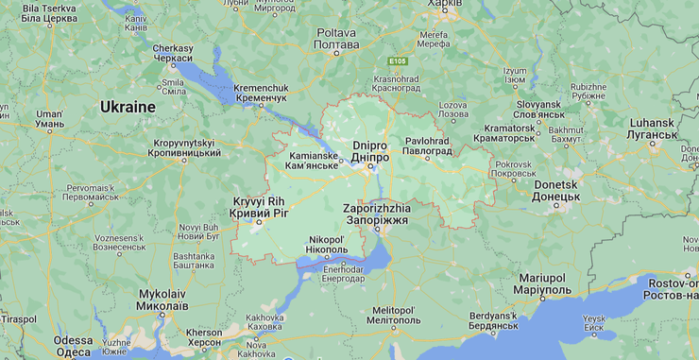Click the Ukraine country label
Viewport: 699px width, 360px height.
pos(128,107)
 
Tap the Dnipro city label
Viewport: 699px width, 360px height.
pos(369,150)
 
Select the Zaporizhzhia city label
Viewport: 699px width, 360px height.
pos(377,213)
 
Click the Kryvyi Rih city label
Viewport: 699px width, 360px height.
pos(258,208)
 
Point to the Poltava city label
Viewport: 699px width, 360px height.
pos(336,39)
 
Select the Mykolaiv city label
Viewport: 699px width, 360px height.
pos(162,300)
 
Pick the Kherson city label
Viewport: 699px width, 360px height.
pos(204,337)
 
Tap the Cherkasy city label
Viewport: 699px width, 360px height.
pos(173,53)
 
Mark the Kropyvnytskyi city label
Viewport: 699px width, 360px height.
pos(186,147)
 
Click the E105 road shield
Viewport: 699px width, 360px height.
pos(397,60)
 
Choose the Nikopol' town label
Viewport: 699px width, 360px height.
pos(327,245)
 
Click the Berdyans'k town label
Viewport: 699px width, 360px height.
pos(492,319)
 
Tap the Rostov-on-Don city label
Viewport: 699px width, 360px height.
pos(673,289)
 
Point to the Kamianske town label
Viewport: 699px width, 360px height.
pos(313,160)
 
